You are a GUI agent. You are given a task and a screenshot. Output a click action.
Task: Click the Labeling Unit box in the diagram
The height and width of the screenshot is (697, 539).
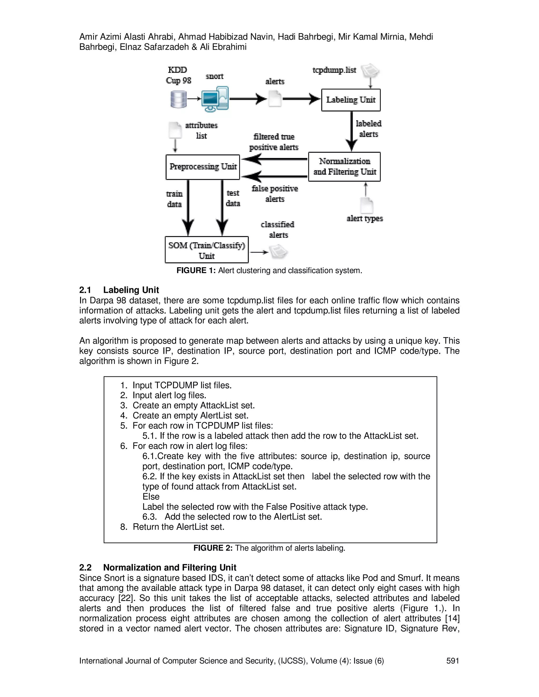click(x=351, y=100)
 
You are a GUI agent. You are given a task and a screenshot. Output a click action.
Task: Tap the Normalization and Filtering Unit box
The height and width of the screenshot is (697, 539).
click(x=344, y=166)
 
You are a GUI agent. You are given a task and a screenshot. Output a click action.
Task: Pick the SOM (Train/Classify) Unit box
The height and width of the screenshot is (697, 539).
click(x=207, y=250)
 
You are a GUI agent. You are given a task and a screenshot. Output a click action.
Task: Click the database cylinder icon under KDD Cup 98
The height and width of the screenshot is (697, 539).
click(x=178, y=99)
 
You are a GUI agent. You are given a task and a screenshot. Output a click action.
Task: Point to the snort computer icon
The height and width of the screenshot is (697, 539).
click(x=215, y=99)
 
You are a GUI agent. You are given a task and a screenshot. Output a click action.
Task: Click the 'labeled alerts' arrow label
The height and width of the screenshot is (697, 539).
click(x=368, y=129)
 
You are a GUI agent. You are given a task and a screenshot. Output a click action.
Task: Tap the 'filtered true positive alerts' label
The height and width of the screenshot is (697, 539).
click(x=274, y=142)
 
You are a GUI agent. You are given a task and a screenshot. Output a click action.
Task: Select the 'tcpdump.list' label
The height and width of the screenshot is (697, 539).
click(x=334, y=70)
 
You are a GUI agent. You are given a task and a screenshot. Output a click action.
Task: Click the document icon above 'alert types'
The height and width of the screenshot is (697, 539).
click(x=367, y=205)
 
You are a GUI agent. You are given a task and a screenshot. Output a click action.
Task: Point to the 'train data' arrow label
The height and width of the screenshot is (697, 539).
click(x=174, y=199)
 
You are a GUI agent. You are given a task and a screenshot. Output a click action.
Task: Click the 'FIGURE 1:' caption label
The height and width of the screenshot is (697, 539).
click(x=196, y=271)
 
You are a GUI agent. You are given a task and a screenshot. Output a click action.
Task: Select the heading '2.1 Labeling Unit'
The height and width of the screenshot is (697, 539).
click(x=119, y=290)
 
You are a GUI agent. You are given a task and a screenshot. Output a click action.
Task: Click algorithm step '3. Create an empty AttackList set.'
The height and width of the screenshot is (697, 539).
click(x=187, y=405)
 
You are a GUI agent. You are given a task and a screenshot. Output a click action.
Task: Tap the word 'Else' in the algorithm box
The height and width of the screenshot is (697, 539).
click(x=151, y=497)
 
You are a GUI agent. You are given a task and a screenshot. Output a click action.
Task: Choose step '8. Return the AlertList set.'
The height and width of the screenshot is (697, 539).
click(x=172, y=527)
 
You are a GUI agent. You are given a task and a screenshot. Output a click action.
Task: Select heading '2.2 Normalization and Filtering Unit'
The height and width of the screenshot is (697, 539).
click(x=158, y=567)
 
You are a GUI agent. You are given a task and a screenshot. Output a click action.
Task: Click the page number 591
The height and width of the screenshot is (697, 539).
click(x=452, y=661)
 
